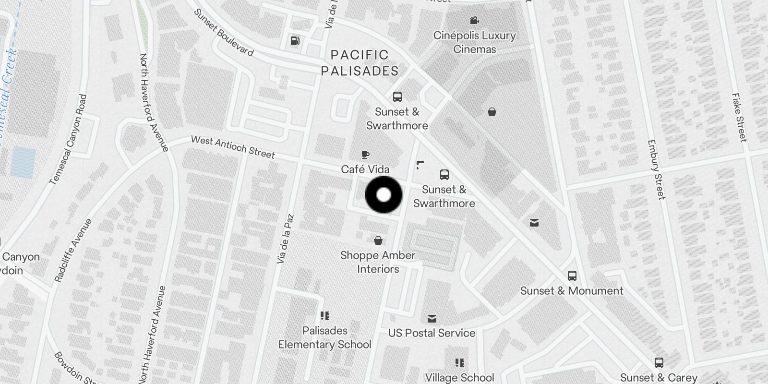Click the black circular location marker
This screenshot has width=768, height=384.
pyautogui.click(x=384, y=195)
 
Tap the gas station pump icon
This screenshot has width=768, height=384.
pyautogui.click(x=295, y=41)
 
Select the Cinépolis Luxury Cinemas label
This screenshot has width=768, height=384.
pyautogui.click(x=474, y=42)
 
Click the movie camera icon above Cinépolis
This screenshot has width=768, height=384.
pyautogui.click(x=474, y=21)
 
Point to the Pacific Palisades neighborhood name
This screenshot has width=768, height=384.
pyautogui.click(x=360, y=63)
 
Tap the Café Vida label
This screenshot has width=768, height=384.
pyautogui.click(x=365, y=169)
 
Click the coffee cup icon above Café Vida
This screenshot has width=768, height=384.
pyautogui.click(x=365, y=155)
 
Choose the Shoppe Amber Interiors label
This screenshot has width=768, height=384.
pyautogui.click(x=378, y=262)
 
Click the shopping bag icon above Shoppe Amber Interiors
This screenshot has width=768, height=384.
pyautogui.click(x=378, y=240)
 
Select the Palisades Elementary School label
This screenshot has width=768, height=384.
pyautogui.click(x=325, y=337)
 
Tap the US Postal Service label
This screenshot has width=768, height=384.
pyautogui.click(x=432, y=333)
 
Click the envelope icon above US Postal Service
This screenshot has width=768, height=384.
pyautogui.click(x=432, y=318)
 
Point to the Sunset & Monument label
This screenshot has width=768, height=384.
pyautogui.click(x=572, y=291)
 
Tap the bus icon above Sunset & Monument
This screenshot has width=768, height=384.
pyautogui.click(x=572, y=276)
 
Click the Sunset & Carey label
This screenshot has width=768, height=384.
pyautogui.click(x=659, y=377)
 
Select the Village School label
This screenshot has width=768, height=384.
pyautogui.click(x=459, y=378)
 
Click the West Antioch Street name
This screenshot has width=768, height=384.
pyautogui.click(x=233, y=147)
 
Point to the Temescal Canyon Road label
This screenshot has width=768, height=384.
pyautogui.click(x=69, y=139)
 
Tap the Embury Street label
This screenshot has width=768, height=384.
pyautogui.click(x=656, y=169)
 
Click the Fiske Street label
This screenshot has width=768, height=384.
pyautogui.click(x=739, y=117)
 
